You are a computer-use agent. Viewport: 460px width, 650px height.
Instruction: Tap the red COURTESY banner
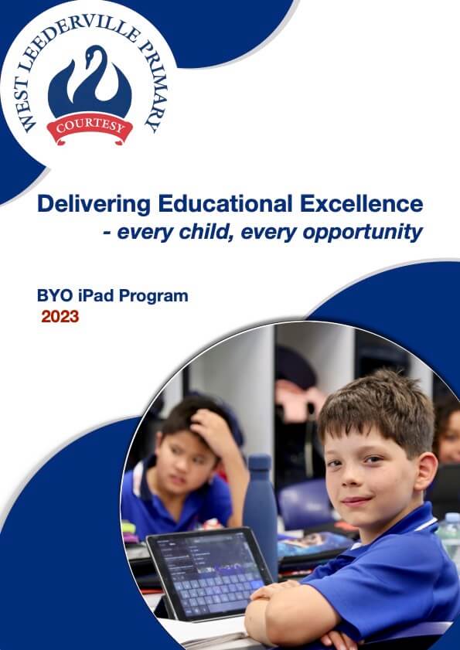90,128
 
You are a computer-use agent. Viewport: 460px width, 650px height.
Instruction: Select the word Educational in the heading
225,204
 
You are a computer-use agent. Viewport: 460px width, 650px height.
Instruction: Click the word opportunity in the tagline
363,233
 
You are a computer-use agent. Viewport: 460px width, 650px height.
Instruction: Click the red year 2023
60,317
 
